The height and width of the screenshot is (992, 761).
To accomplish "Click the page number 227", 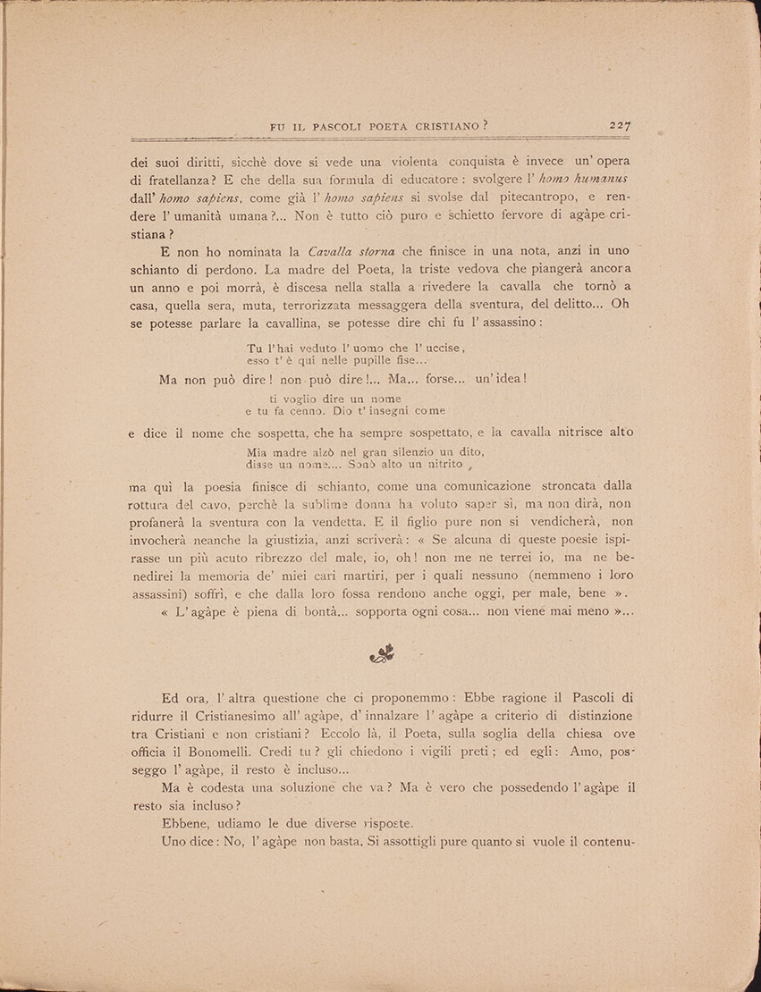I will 620,126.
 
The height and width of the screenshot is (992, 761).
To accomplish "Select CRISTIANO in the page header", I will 445,127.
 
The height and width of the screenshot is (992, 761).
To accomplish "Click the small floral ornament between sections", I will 382,655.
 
